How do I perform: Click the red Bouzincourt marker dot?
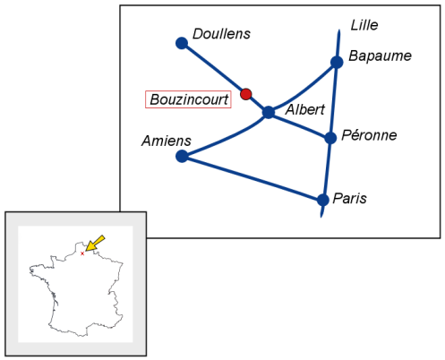tap(246, 94)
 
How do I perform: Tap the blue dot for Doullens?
tap(182, 43)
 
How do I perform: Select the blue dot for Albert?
tap(269, 112)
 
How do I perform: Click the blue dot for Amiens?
tap(182, 156)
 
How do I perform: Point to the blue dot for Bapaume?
tap(337, 63)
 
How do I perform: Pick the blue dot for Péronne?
tap(330, 138)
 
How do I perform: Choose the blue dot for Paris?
tap(323, 200)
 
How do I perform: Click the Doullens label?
tap(221, 34)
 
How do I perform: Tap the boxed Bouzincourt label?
tap(188, 99)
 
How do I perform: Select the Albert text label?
tap(305, 109)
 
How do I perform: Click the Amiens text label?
tap(167, 141)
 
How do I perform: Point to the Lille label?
tap(364, 25)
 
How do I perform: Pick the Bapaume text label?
tap(381, 56)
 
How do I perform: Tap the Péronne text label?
tap(369, 135)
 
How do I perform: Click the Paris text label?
tap(350, 199)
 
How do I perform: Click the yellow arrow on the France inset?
tap(95, 244)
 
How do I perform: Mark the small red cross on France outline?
tap(82, 253)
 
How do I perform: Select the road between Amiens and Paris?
tap(252, 178)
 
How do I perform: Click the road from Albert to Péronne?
tap(299, 125)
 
